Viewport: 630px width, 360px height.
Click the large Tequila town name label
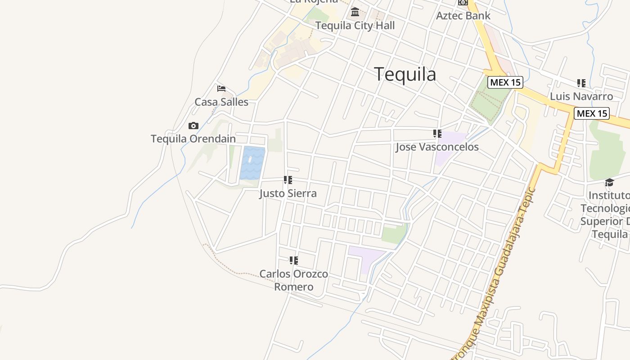click(405, 74)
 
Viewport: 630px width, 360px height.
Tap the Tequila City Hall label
click(355, 26)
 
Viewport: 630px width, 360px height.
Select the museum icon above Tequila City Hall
click(355, 12)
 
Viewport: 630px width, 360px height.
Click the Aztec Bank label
click(463, 16)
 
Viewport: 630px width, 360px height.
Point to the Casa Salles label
click(221, 102)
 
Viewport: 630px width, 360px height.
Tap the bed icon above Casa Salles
click(221, 89)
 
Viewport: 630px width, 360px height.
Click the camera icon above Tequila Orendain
click(193, 126)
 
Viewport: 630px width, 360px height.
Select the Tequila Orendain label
click(193, 139)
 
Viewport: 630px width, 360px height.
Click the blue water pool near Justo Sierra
click(252, 162)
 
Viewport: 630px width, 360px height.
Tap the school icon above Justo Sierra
click(288, 180)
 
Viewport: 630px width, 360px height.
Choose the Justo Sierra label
click(288, 193)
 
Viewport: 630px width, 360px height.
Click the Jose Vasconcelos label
click(437, 147)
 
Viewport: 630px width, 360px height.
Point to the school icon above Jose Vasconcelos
click(437, 134)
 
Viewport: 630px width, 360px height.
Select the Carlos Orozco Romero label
click(294, 280)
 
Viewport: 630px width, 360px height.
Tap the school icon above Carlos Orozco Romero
click(294, 261)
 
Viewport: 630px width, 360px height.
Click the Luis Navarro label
click(581, 96)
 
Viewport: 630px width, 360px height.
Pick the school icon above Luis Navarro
click(581, 83)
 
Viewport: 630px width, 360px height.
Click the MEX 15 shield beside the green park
click(505, 82)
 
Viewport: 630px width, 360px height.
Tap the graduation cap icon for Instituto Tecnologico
click(609, 182)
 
